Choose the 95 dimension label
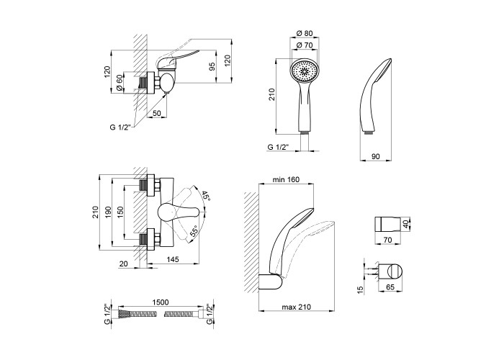tap(211, 67)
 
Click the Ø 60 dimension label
tap(120, 81)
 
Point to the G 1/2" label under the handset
tap(278, 147)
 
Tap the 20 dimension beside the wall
tap(123, 264)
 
